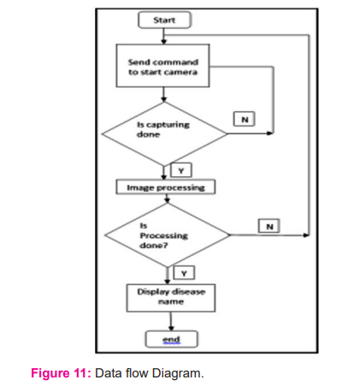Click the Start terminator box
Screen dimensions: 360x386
point(164,20)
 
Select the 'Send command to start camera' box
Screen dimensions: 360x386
point(162,66)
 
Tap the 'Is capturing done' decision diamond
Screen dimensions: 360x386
point(164,134)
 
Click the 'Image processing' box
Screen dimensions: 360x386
point(166,187)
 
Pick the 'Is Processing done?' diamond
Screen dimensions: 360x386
point(168,235)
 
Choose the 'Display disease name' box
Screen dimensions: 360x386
point(171,298)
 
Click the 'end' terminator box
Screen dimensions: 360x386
point(171,339)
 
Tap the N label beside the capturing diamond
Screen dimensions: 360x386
point(245,119)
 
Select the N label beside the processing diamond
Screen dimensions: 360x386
point(269,226)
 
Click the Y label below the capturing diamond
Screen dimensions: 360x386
point(181,170)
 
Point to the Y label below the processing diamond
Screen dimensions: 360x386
point(184,273)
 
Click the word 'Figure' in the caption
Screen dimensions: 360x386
point(50,373)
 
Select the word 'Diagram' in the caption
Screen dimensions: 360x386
point(178,373)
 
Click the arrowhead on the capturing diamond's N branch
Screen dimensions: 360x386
point(270,134)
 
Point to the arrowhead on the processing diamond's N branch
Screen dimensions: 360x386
point(306,235)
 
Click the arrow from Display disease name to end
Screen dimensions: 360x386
point(171,321)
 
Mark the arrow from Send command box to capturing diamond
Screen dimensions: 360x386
point(163,94)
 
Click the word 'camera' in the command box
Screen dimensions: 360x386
point(182,72)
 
